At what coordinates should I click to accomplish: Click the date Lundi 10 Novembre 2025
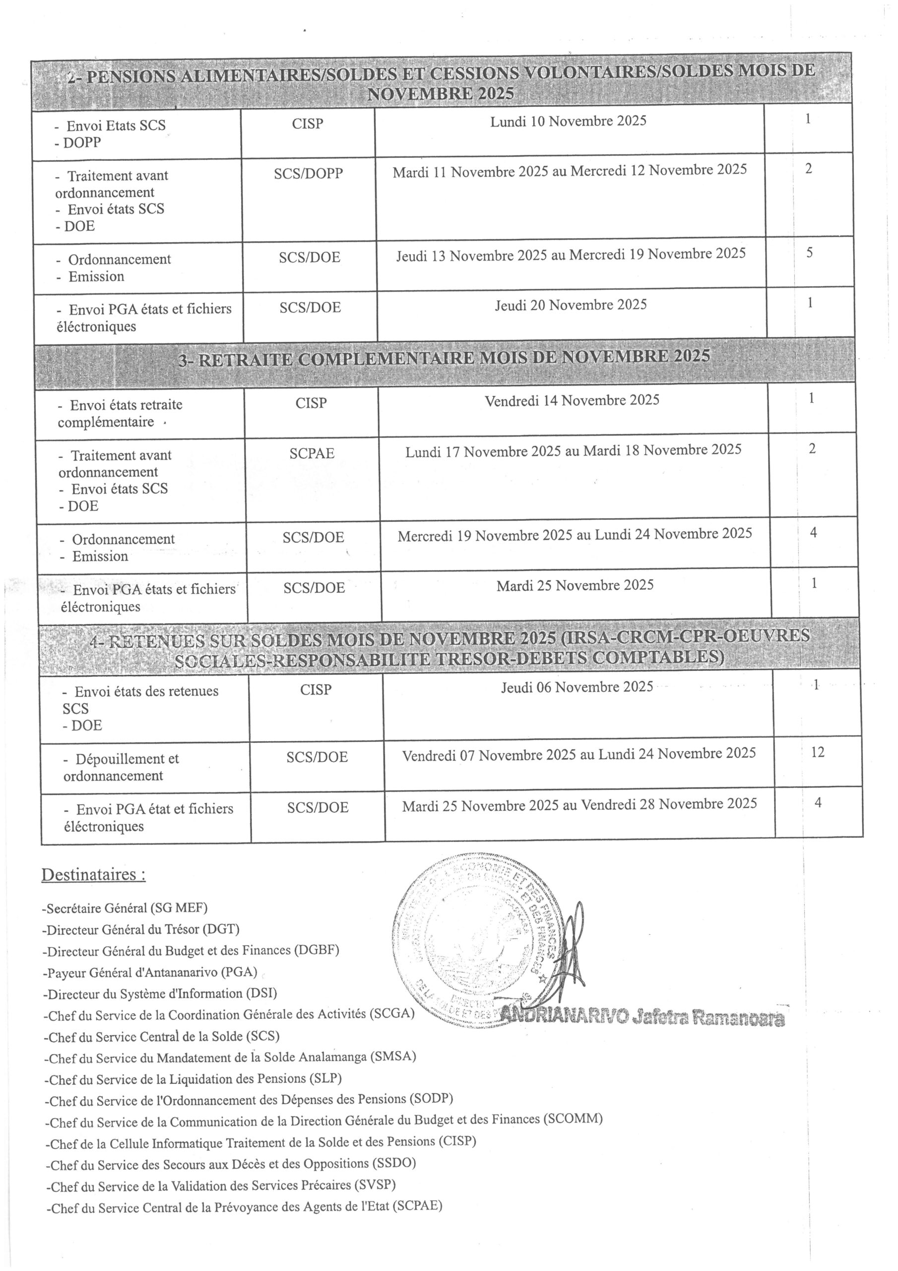568,121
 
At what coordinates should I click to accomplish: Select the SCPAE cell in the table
312,453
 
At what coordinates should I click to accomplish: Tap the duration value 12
817,752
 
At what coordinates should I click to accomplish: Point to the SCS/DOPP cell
308,173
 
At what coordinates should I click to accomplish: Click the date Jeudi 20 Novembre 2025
571,305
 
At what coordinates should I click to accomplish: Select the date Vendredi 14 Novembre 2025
572,400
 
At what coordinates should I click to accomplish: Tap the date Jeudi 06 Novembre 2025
577,687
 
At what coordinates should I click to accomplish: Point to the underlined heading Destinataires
93,875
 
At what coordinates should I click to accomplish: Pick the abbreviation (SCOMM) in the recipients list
573,1119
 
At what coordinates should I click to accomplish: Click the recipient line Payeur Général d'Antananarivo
149,972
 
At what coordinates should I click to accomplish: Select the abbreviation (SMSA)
393,1056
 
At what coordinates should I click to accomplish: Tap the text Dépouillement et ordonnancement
121,767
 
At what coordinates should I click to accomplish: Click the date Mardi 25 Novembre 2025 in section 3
575,585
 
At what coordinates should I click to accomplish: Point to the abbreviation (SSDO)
394,1163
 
